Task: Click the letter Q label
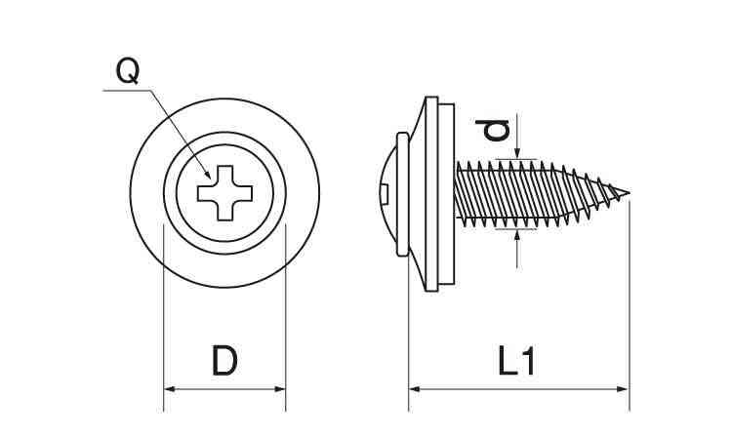tap(127, 70)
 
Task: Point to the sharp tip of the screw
tap(629, 192)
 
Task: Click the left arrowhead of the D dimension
tap(169, 389)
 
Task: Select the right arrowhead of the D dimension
tap(280, 389)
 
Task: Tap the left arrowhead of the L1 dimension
tap(414, 389)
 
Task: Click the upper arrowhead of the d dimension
tap(516, 151)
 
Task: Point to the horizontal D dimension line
tap(224, 389)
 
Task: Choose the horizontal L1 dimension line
tap(517, 389)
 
